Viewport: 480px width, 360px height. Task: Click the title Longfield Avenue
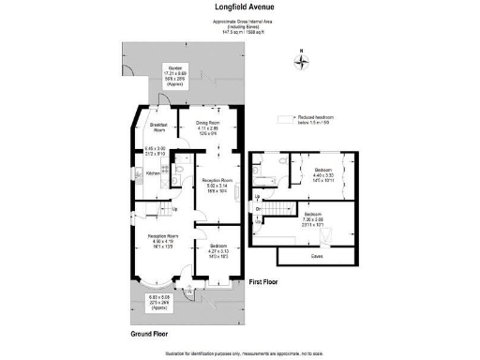pos(241,7)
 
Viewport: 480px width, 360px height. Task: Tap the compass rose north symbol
pos(301,62)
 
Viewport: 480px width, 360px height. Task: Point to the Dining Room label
pos(207,122)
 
